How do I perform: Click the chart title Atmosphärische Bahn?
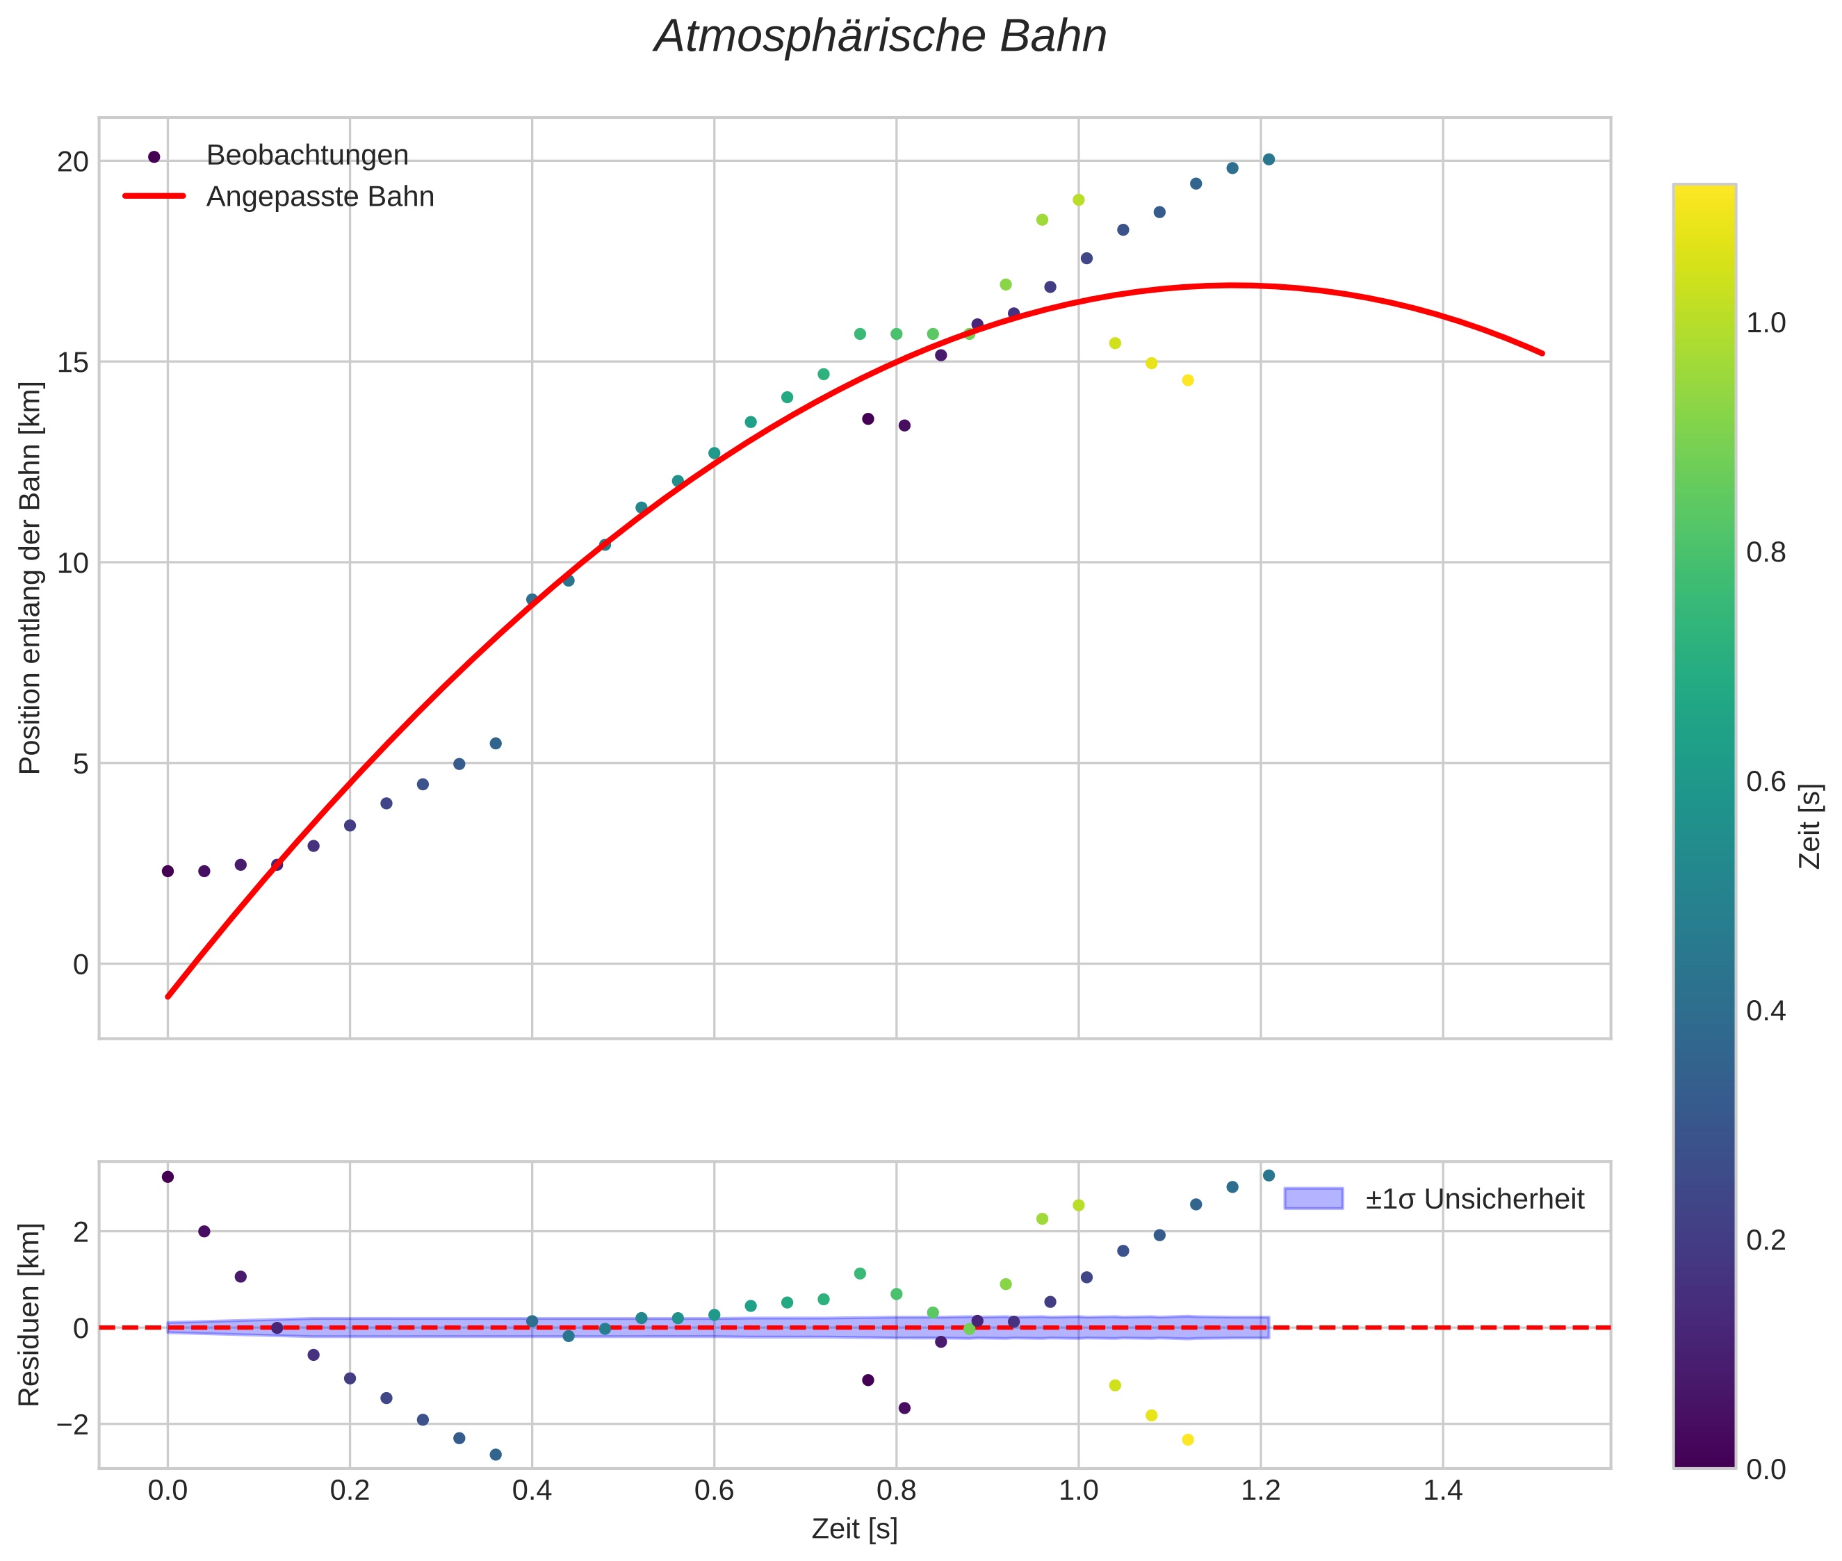(x=880, y=37)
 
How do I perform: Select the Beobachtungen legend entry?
(x=307, y=156)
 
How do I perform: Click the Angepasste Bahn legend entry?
(x=320, y=197)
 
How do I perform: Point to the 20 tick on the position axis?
(x=74, y=161)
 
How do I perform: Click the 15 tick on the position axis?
(x=74, y=362)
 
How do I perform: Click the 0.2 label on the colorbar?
(x=1766, y=1240)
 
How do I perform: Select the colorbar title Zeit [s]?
(x=1811, y=826)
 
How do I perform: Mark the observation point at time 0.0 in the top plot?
(x=168, y=871)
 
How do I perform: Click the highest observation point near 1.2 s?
(x=1269, y=159)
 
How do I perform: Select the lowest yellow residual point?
(x=1188, y=1440)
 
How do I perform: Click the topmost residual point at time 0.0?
(x=168, y=1177)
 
